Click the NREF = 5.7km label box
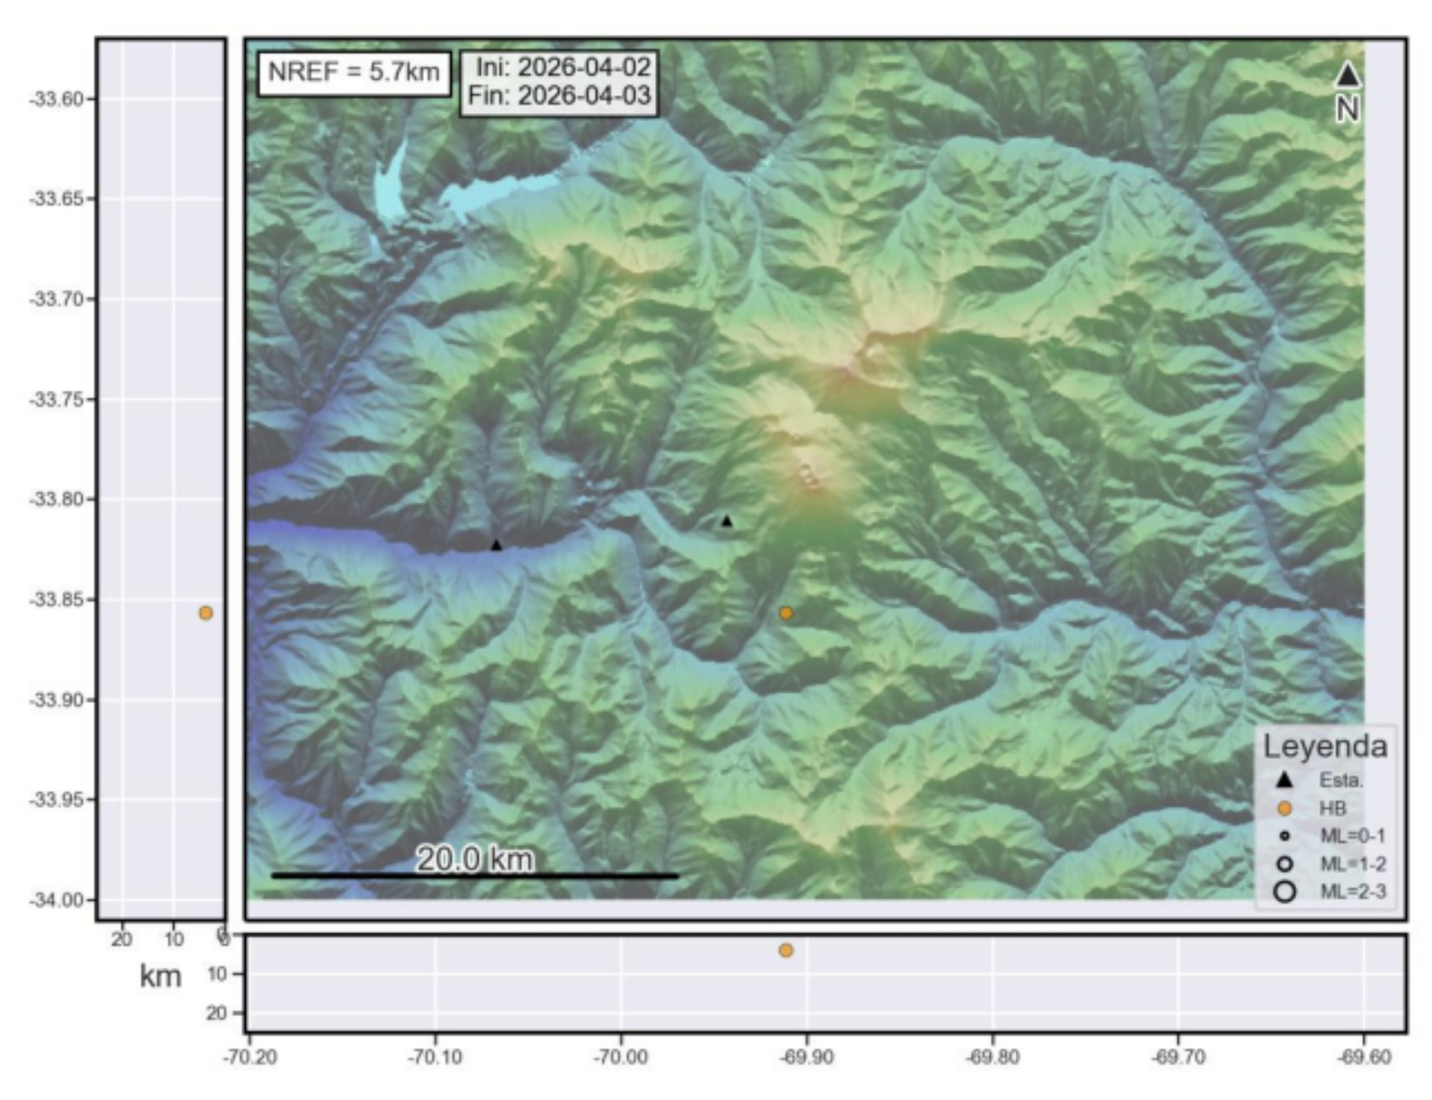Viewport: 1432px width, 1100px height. (354, 72)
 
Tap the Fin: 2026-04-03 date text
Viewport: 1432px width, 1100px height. (560, 96)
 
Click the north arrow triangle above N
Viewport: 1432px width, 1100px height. (1347, 76)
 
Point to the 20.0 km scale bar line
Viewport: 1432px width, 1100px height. (474, 876)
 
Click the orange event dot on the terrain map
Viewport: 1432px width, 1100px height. (785, 613)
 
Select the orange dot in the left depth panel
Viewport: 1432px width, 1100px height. (206, 613)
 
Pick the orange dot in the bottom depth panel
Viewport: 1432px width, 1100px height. (785, 950)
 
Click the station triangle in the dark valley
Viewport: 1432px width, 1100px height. (496, 545)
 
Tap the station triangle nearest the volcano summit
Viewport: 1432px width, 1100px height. (727, 522)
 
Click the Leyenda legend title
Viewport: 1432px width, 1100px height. (1325, 746)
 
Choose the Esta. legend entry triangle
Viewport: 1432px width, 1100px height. (1285, 780)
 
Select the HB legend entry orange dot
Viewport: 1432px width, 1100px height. (1285, 809)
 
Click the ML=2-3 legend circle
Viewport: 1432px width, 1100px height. (1285, 892)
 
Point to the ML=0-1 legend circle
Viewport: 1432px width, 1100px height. (1285, 836)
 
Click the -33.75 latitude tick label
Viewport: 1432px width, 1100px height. (56, 399)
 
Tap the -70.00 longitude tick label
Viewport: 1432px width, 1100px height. (621, 1058)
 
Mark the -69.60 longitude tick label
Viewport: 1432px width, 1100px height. (1364, 1058)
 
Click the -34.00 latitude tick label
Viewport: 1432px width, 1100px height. (56, 900)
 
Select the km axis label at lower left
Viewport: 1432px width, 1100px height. (160, 976)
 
